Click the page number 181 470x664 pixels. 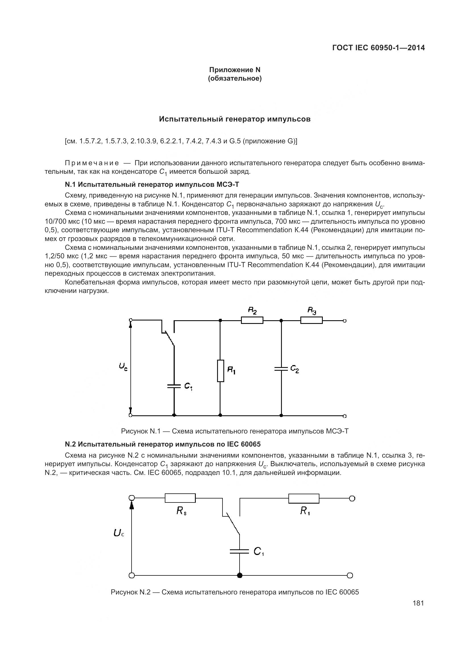pyautogui.click(x=418, y=603)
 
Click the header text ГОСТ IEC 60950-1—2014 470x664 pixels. pyautogui.click(x=379, y=48)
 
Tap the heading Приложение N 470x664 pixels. pyautogui.click(x=235, y=70)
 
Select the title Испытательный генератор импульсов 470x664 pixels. pyautogui.click(x=235, y=119)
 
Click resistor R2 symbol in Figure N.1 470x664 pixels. pyautogui.click(x=252, y=321)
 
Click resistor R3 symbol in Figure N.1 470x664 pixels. pyautogui.click(x=311, y=321)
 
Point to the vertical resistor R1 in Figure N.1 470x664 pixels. pyautogui.click(x=221, y=371)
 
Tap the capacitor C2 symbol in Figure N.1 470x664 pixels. pyautogui.click(x=281, y=369)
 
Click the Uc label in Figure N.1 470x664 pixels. pyautogui.click(x=123, y=367)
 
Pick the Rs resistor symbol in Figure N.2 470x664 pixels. pyautogui.click(x=180, y=498)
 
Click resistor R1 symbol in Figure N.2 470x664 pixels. pyautogui.click(x=303, y=498)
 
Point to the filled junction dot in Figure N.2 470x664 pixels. pyautogui.click(x=239, y=575)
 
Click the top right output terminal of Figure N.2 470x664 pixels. pyautogui.click(x=352, y=498)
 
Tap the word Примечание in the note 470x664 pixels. pyautogui.click(x=92, y=163)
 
